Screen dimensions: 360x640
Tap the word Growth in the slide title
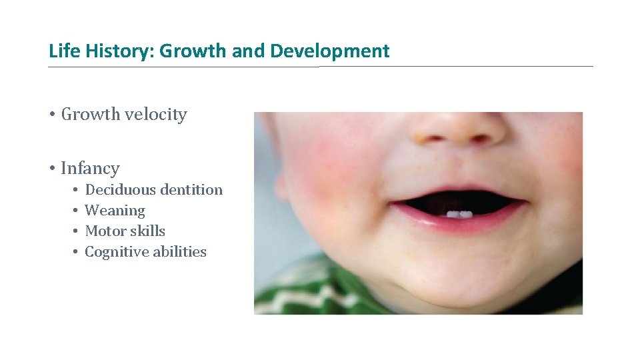(193, 51)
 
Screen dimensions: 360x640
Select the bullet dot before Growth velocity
(51, 115)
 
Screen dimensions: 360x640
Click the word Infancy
(90, 169)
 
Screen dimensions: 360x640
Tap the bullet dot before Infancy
(51, 169)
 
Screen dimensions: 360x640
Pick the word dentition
(191, 190)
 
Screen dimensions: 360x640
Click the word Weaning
(115, 211)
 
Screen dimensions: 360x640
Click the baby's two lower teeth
(459, 214)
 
